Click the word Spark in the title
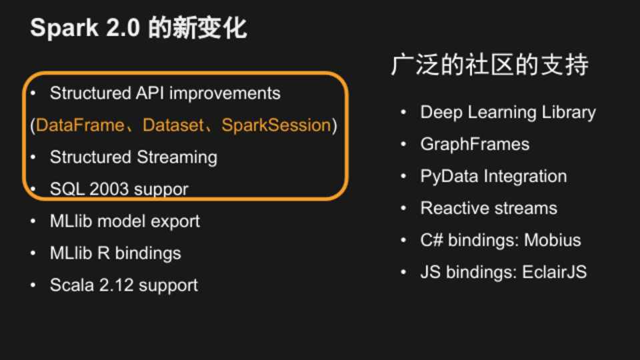[64, 28]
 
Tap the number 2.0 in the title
[123, 28]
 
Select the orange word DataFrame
[80, 125]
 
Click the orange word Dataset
[173, 125]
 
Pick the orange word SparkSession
[276, 125]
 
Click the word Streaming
[177, 157]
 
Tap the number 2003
[109, 189]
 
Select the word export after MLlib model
[175, 221]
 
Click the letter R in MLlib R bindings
[103, 253]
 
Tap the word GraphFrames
[475, 144]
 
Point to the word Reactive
[455, 208]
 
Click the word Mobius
[552, 240]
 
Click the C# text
[431, 240]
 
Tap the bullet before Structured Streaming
[33, 157]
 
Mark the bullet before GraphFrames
[404, 144]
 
